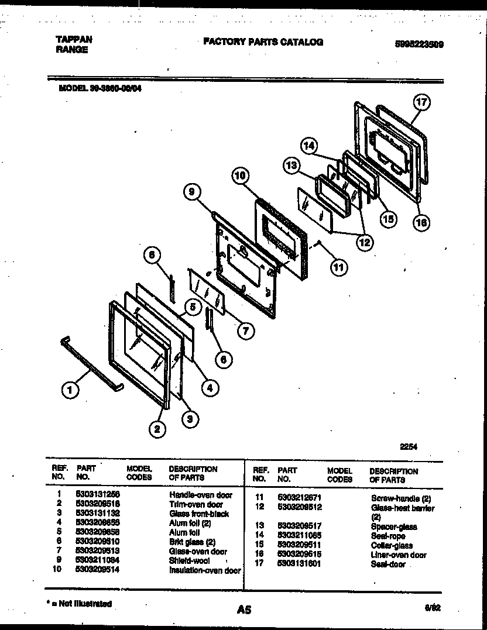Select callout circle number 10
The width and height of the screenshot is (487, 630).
tap(240, 174)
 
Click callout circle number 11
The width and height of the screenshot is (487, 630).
tap(338, 267)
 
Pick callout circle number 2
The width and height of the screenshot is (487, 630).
tap(156, 430)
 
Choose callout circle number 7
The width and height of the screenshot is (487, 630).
tap(246, 330)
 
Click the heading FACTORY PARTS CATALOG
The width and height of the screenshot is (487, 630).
tap(263, 42)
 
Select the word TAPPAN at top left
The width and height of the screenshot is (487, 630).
tap(73, 40)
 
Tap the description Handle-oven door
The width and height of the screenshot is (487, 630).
tap(201, 495)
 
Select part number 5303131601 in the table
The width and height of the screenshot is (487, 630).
tap(299, 564)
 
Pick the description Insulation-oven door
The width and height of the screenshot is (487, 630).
tap(205, 570)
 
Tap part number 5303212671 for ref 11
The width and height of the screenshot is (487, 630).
tap(299, 498)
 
